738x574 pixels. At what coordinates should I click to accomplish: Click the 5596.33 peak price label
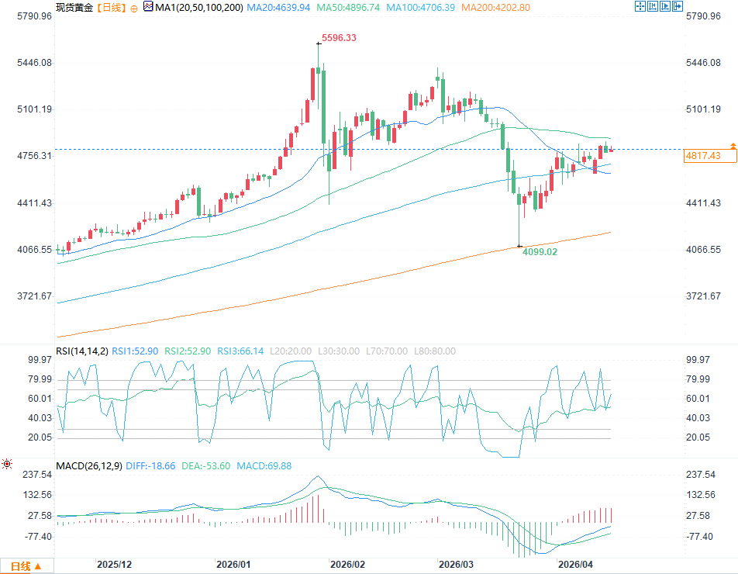pyautogui.click(x=340, y=37)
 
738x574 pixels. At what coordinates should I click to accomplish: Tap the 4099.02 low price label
pyautogui.click(x=540, y=252)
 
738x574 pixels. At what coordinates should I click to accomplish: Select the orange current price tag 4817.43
pyautogui.click(x=703, y=156)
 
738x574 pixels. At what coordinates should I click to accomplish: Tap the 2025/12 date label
pyautogui.click(x=114, y=565)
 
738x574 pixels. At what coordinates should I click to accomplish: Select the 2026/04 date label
pyautogui.click(x=575, y=565)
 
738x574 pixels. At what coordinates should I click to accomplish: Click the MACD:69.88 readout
pyautogui.click(x=266, y=465)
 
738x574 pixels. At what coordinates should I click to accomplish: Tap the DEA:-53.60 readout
pyautogui.click(x=211, y=465)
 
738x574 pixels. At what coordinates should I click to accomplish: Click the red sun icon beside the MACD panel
pyautogui.click(x=7, y=464)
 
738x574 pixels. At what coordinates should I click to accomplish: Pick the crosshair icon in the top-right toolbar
pyautogui.click(x=640, y=6)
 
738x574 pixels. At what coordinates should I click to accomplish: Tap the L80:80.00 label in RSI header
pyautogui.click(x=433, y=351)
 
